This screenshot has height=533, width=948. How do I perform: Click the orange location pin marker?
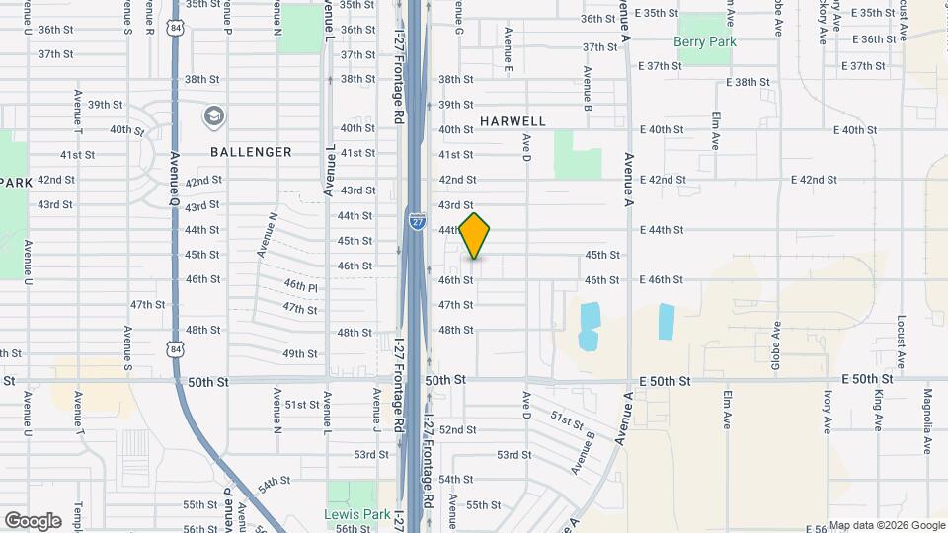coord(475,235)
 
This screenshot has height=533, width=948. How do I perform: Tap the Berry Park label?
coord(705,41)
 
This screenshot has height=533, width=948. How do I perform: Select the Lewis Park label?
coord(352,515)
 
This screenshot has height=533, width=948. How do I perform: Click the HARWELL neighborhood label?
coord(513,120)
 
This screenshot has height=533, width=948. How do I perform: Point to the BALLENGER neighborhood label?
coord(251,152)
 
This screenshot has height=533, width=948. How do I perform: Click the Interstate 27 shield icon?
coord(417,222)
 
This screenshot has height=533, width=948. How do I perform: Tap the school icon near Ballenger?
coord(212,117)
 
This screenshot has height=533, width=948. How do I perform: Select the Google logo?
coord(33,521)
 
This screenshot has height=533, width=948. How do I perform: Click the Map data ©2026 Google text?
coord(886,525)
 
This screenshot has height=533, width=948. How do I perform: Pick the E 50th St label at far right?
coord(867,379)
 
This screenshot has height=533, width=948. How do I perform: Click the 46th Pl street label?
coord(300,285)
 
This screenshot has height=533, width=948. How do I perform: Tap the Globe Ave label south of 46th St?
coord(777,341)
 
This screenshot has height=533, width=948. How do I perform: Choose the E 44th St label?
coord(661,230)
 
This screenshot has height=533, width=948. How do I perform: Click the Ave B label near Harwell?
coord(587,87)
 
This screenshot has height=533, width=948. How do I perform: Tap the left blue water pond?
coord(589,327)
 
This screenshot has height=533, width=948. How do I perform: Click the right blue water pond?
coord(667,322)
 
